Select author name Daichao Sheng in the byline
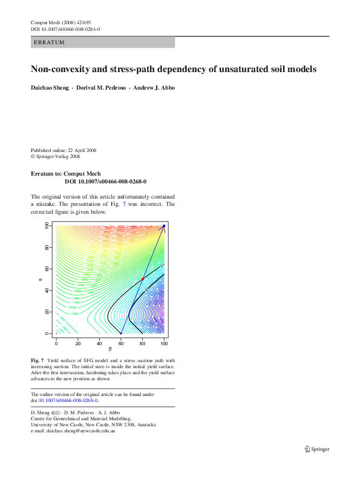tap(50, 88)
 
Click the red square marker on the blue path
tap(142, 279)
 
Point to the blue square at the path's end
tap(164, 226)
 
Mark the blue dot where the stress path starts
tap(121, 334)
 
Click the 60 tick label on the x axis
tap(121, 343)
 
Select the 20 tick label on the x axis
tap(78, 343)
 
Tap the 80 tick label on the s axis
tap(47, 247)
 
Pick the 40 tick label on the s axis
tap(47, 290)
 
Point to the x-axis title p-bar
tap(110, 349)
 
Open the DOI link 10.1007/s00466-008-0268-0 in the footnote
tap(68, 400)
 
